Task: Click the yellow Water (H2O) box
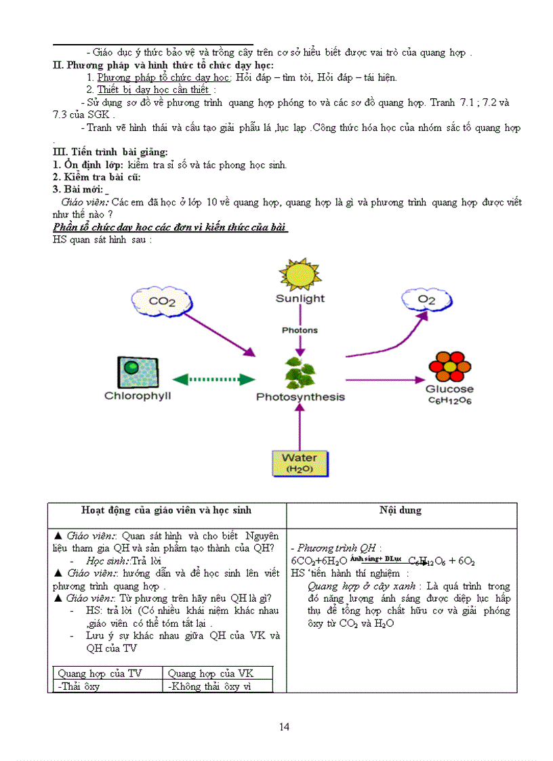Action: coord(299,463)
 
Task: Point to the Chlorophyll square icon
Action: coord(138,371)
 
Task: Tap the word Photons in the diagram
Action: coord(300,330)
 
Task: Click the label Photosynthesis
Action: coord(300,397)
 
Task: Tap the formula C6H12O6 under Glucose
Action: coord(449,400)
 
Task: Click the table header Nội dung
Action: coord(401,510)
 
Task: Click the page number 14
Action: coord(285,727)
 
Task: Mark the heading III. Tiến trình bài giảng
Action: coord(110,152)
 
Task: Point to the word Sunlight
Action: coord(300,298)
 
